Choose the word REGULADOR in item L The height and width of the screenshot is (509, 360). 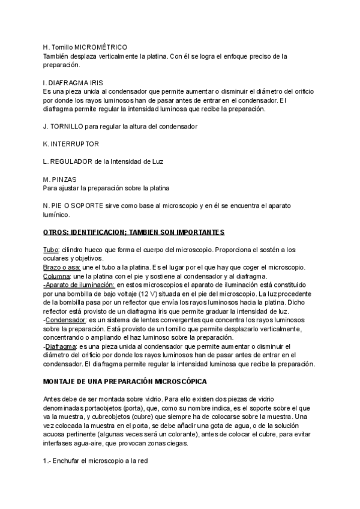[71, 161]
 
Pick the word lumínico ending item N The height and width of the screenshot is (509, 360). [57, 214]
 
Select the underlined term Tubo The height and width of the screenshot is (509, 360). [50, 249]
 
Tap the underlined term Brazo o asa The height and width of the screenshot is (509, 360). [61, 267]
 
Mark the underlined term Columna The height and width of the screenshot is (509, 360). [58, 276]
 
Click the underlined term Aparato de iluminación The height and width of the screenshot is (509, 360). [80, 285]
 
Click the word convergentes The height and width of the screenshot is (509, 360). [172, 320]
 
